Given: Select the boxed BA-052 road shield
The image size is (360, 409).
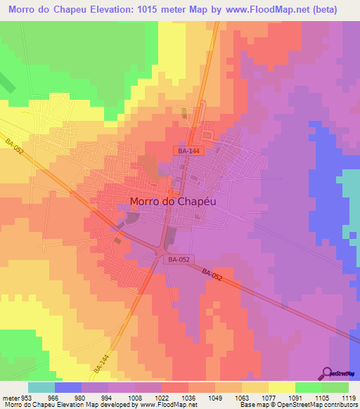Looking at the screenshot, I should coord(178,259).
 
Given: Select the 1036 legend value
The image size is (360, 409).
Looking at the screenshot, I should coord(188,397).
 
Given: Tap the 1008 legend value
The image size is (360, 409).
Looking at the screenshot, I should coord(135,397).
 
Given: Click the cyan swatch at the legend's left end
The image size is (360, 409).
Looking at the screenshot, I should coord(41,387).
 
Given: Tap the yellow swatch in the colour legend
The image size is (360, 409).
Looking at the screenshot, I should coord(282,387).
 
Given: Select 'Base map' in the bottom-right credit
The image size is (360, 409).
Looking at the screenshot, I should coord(252,405).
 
